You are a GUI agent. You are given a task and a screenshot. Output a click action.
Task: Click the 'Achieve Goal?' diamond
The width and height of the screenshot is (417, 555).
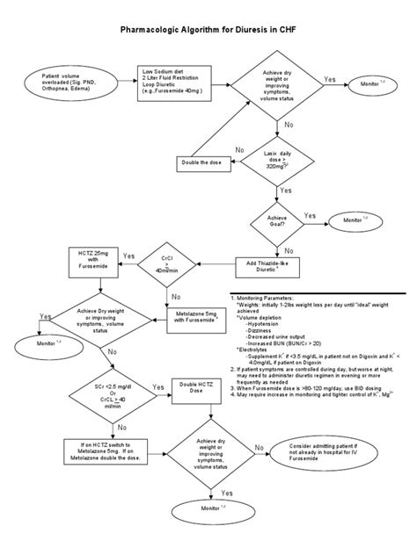[282, 220]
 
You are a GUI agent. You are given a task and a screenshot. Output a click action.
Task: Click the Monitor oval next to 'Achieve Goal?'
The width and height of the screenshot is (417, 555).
[352, 220]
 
